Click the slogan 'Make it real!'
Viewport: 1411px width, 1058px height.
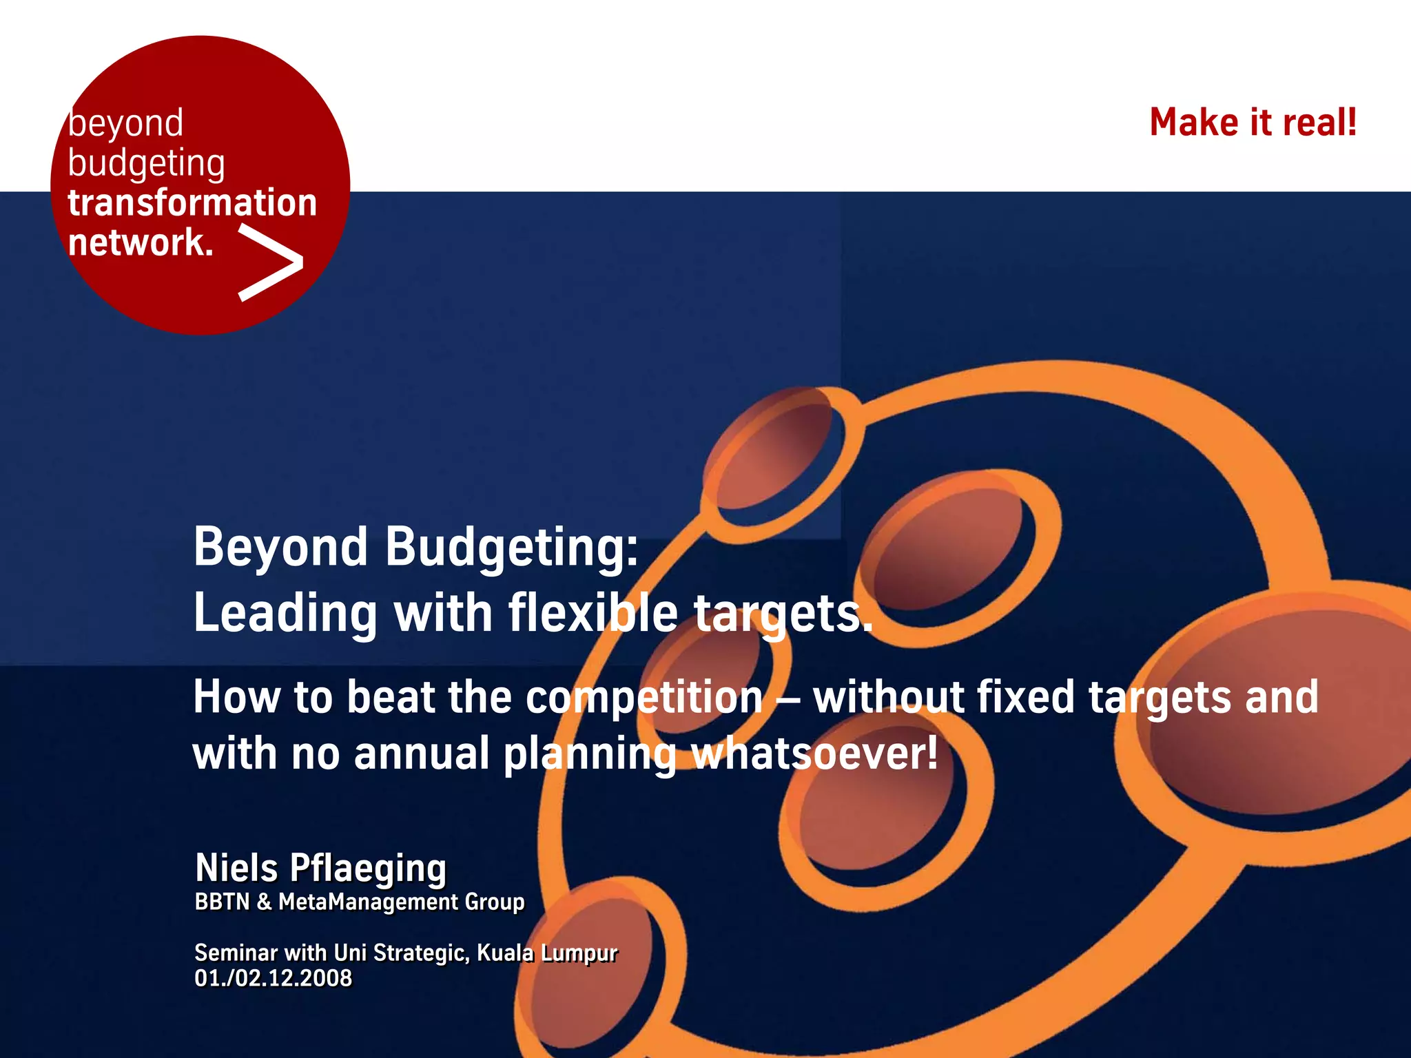(x=1253, y=123)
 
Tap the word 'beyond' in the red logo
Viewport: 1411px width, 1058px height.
(x=126, y=124)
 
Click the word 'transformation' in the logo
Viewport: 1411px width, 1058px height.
(x=192, y=203)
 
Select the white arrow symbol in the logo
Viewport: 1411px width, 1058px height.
(x=270, y=264)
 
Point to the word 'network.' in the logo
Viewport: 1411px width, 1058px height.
(x=141, y=242)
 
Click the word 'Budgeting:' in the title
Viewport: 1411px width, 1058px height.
(x=511, y=547)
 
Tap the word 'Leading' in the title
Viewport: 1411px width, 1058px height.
(x=285, y=613)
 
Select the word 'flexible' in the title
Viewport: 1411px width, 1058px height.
(x=593, y=613)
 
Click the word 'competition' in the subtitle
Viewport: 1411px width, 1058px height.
(x=644, y=697)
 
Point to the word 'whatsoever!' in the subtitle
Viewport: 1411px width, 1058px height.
(x=814, y=754)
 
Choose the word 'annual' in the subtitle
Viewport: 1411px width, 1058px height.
(x=421, y=754)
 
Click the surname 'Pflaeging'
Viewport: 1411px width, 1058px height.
(x=368, y=868)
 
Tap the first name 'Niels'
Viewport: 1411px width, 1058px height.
(x=236, y=867)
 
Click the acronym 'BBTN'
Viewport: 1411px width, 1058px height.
(x=222, y=902)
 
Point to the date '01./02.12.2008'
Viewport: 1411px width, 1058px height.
(x=273, y=978)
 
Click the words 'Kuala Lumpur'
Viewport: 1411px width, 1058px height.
(x=547, y=953)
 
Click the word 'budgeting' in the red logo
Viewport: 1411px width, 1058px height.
(x=146, y=164)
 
